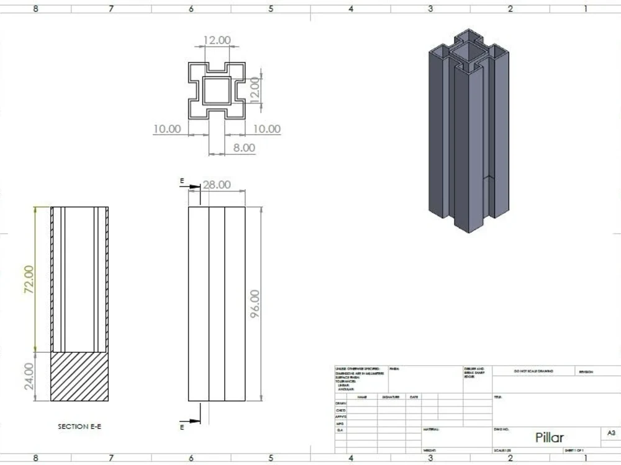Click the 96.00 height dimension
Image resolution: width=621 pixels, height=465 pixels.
coord(255,304)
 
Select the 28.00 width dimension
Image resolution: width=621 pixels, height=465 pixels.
coord(215,185)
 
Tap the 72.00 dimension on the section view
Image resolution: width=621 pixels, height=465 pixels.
coord(29,280)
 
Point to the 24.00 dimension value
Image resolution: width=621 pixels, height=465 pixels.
coord(29,376)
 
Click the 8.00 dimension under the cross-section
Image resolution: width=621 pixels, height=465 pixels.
coord(243,148)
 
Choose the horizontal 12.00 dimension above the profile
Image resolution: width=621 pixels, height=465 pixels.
coord(217,40)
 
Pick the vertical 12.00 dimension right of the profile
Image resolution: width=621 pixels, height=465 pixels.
coord(255,91)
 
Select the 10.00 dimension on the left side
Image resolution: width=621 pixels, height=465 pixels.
coord(167,129)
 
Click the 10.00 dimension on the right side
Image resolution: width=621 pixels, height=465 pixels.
coord(266,129)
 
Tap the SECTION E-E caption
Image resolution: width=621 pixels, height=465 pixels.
coord(79,427)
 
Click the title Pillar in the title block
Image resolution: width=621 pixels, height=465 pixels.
coord(550,437)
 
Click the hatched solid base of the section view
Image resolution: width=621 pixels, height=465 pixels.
coord(79,376)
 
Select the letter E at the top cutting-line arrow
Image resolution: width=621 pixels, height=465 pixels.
coord(182,181)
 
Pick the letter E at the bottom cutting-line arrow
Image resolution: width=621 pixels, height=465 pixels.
coord(182,427)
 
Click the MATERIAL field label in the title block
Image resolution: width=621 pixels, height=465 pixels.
coord(431,428)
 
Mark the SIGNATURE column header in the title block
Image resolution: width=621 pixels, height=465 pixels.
coord(391,397)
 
